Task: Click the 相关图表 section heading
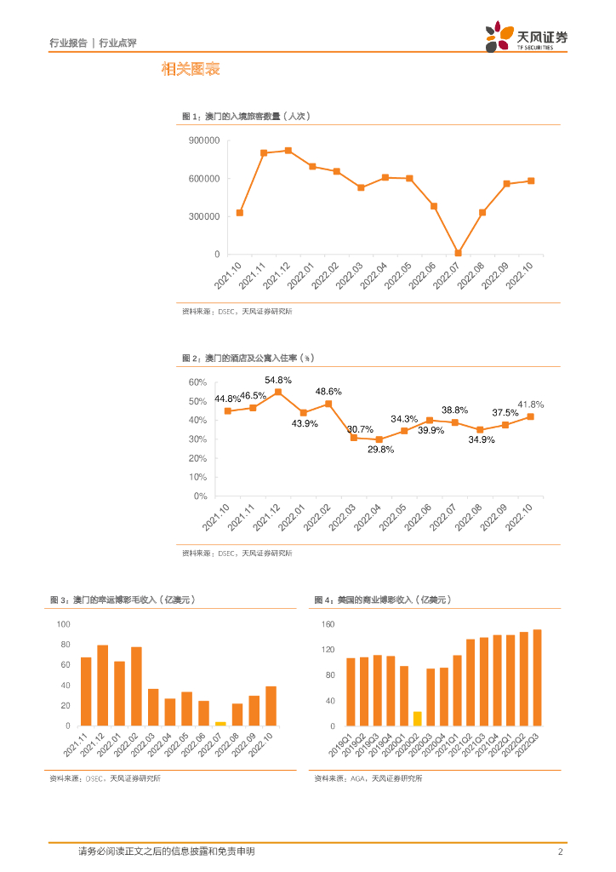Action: (x=191, y=70)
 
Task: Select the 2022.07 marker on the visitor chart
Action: (x=458, y=253)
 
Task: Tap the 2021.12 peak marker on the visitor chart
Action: (x=288, y=151)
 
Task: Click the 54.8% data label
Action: (x=278, y=380)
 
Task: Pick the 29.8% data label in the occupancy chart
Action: (x=380, y=449)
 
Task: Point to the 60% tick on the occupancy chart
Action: (x=197, y=382)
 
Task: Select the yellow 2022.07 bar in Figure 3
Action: (x=220, y=723)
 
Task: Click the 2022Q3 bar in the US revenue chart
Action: (x=537, y=678)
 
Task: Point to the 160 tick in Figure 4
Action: (x=329, y=624)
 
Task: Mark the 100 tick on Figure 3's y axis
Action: (x=64, y=624)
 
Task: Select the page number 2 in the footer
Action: (x=560, y=852)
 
